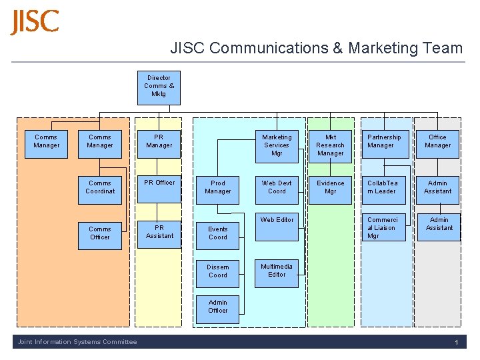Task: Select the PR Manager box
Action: [159, 142]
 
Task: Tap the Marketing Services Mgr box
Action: [277, 145]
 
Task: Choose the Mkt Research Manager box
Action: [331, 145]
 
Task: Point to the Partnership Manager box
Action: [384, 142]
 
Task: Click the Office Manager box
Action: [437, 142]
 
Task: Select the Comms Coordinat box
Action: [100, 187]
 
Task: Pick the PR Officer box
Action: [159, 187]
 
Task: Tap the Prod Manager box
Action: [218, 187]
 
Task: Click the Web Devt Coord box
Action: [277, 187]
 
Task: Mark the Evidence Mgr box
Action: [331, 187]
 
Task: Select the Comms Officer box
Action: [100, 233]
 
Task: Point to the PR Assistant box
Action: [159, 233]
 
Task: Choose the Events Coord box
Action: [218, 233]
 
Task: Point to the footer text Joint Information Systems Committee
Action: [77, 342]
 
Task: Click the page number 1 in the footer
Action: [457, 343]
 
